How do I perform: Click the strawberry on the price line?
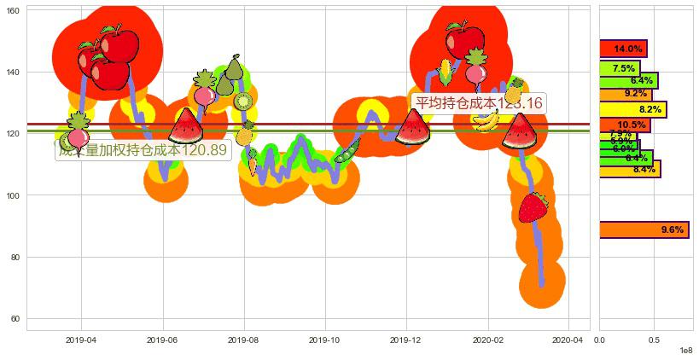533,206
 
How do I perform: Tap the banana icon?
486,121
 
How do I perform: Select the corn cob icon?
445,73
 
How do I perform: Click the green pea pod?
347,154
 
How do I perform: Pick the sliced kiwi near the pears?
243,102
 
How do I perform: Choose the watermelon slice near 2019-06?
185,126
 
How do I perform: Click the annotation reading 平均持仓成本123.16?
478,102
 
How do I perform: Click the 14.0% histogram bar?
623,49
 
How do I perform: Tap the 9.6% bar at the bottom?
644,229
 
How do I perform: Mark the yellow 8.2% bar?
632,109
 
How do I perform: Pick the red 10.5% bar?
625,125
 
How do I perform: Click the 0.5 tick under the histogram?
654,340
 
